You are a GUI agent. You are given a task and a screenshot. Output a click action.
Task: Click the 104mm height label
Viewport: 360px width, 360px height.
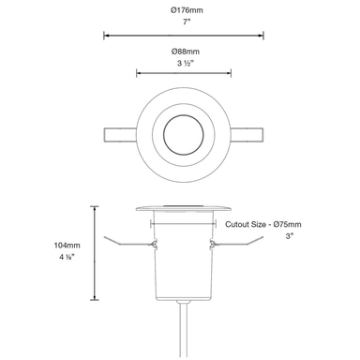click(67, 246)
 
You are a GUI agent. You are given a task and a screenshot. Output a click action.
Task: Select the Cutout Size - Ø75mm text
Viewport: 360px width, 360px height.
click(263, 226)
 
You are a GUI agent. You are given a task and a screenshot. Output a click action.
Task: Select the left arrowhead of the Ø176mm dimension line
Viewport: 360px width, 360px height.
click(104, 36)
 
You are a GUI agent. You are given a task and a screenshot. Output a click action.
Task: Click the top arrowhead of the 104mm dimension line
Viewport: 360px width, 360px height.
click(97, 207)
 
